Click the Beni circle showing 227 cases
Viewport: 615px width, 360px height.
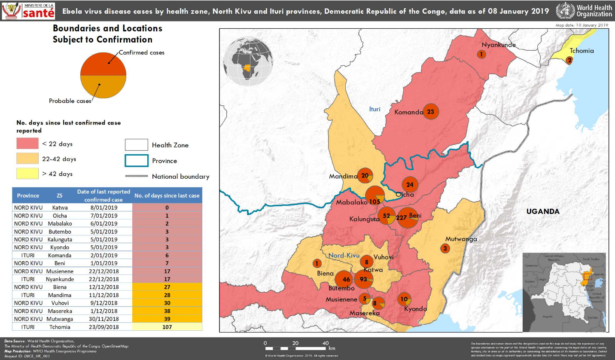pyautogui.click(x=407, y=218)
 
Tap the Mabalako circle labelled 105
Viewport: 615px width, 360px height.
pyautogui.click(x=375, y=196)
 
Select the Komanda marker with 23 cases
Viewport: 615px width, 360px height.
pyautogui.click(x=431, y=112)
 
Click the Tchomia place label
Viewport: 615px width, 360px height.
pyautogui.click(x=582, y=51)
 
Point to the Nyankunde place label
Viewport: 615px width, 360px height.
pyautogui.click(x=498, y=45)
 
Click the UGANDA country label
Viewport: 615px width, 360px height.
pyautogui.click(x=543, y=211)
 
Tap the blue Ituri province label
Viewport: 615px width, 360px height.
pyautogui.click(x=374, y=109)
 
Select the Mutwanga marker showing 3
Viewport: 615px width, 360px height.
pyautogui.click(x=445, y=248)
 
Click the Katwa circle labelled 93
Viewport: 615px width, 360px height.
pyautogui.click(x=363, y=280)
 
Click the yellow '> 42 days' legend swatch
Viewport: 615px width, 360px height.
pyautogui.click(x=27, y=174)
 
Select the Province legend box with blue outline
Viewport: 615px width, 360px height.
pyautogui.click(x=137, y=161)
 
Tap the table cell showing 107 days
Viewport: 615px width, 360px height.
pyautogui.click(x=167, y=327)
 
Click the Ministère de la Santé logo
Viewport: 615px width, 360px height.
pyautogui.click(x=29, y=10)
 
